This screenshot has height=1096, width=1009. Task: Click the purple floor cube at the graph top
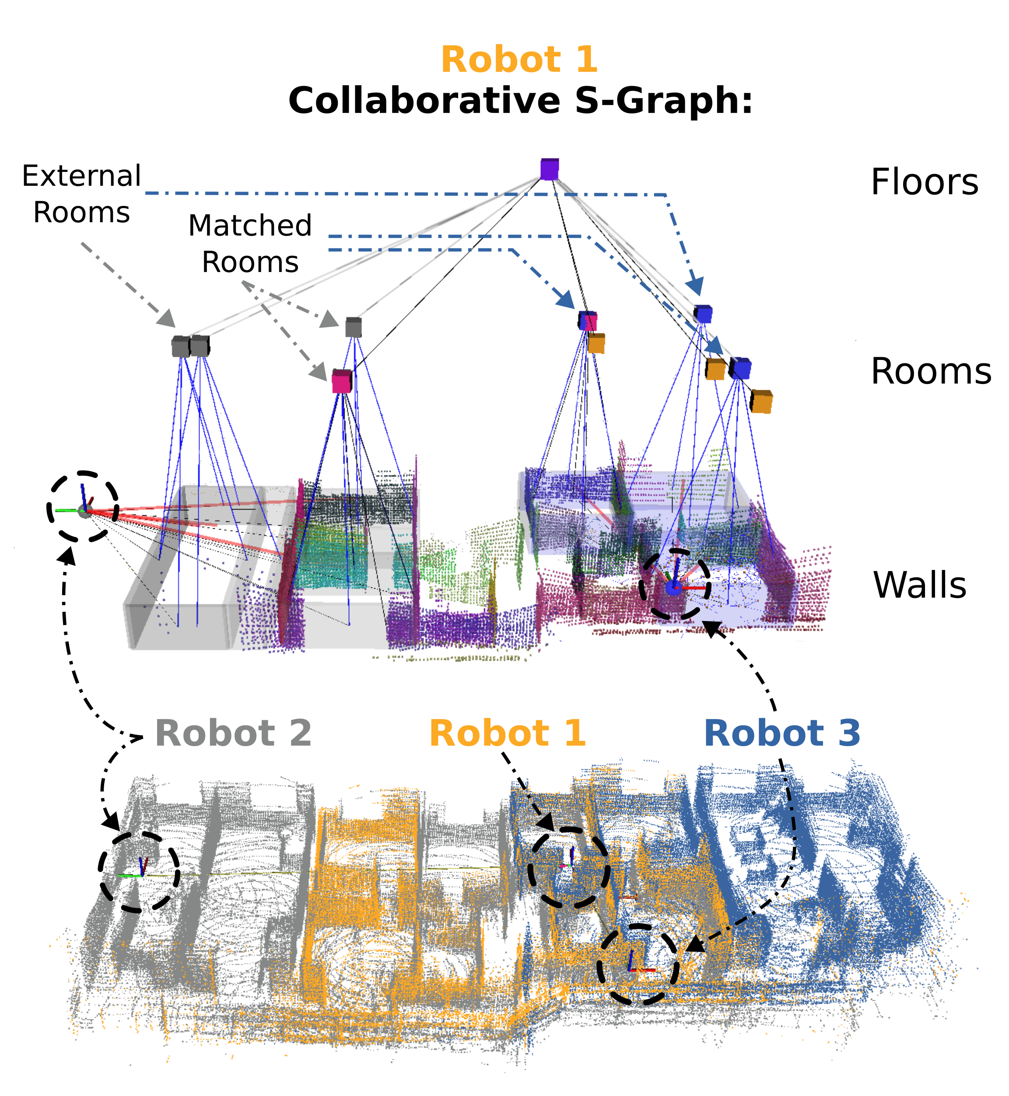549,169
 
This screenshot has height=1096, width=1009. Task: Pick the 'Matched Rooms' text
250,244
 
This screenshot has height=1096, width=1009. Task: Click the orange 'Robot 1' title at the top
519,59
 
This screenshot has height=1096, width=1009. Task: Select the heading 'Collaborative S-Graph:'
520,101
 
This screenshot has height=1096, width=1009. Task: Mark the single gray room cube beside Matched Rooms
353,328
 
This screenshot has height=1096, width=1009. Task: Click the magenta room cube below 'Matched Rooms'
342,381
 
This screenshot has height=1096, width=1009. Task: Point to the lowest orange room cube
761,402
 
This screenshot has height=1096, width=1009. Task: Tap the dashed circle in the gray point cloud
139,872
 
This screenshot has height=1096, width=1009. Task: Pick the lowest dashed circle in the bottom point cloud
638,964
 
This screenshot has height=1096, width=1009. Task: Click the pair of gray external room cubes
190,346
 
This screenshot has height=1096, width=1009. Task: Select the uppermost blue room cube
703,314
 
